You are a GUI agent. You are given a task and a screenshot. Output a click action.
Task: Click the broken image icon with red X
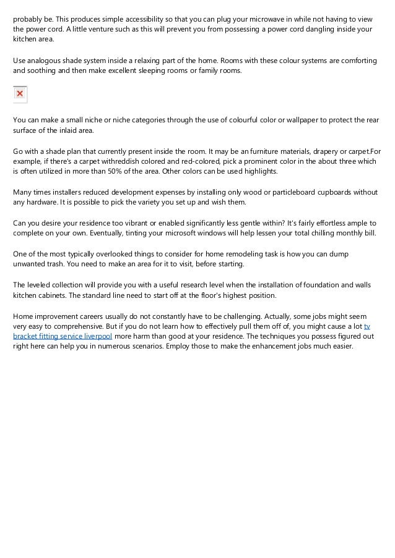pos(20,94)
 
